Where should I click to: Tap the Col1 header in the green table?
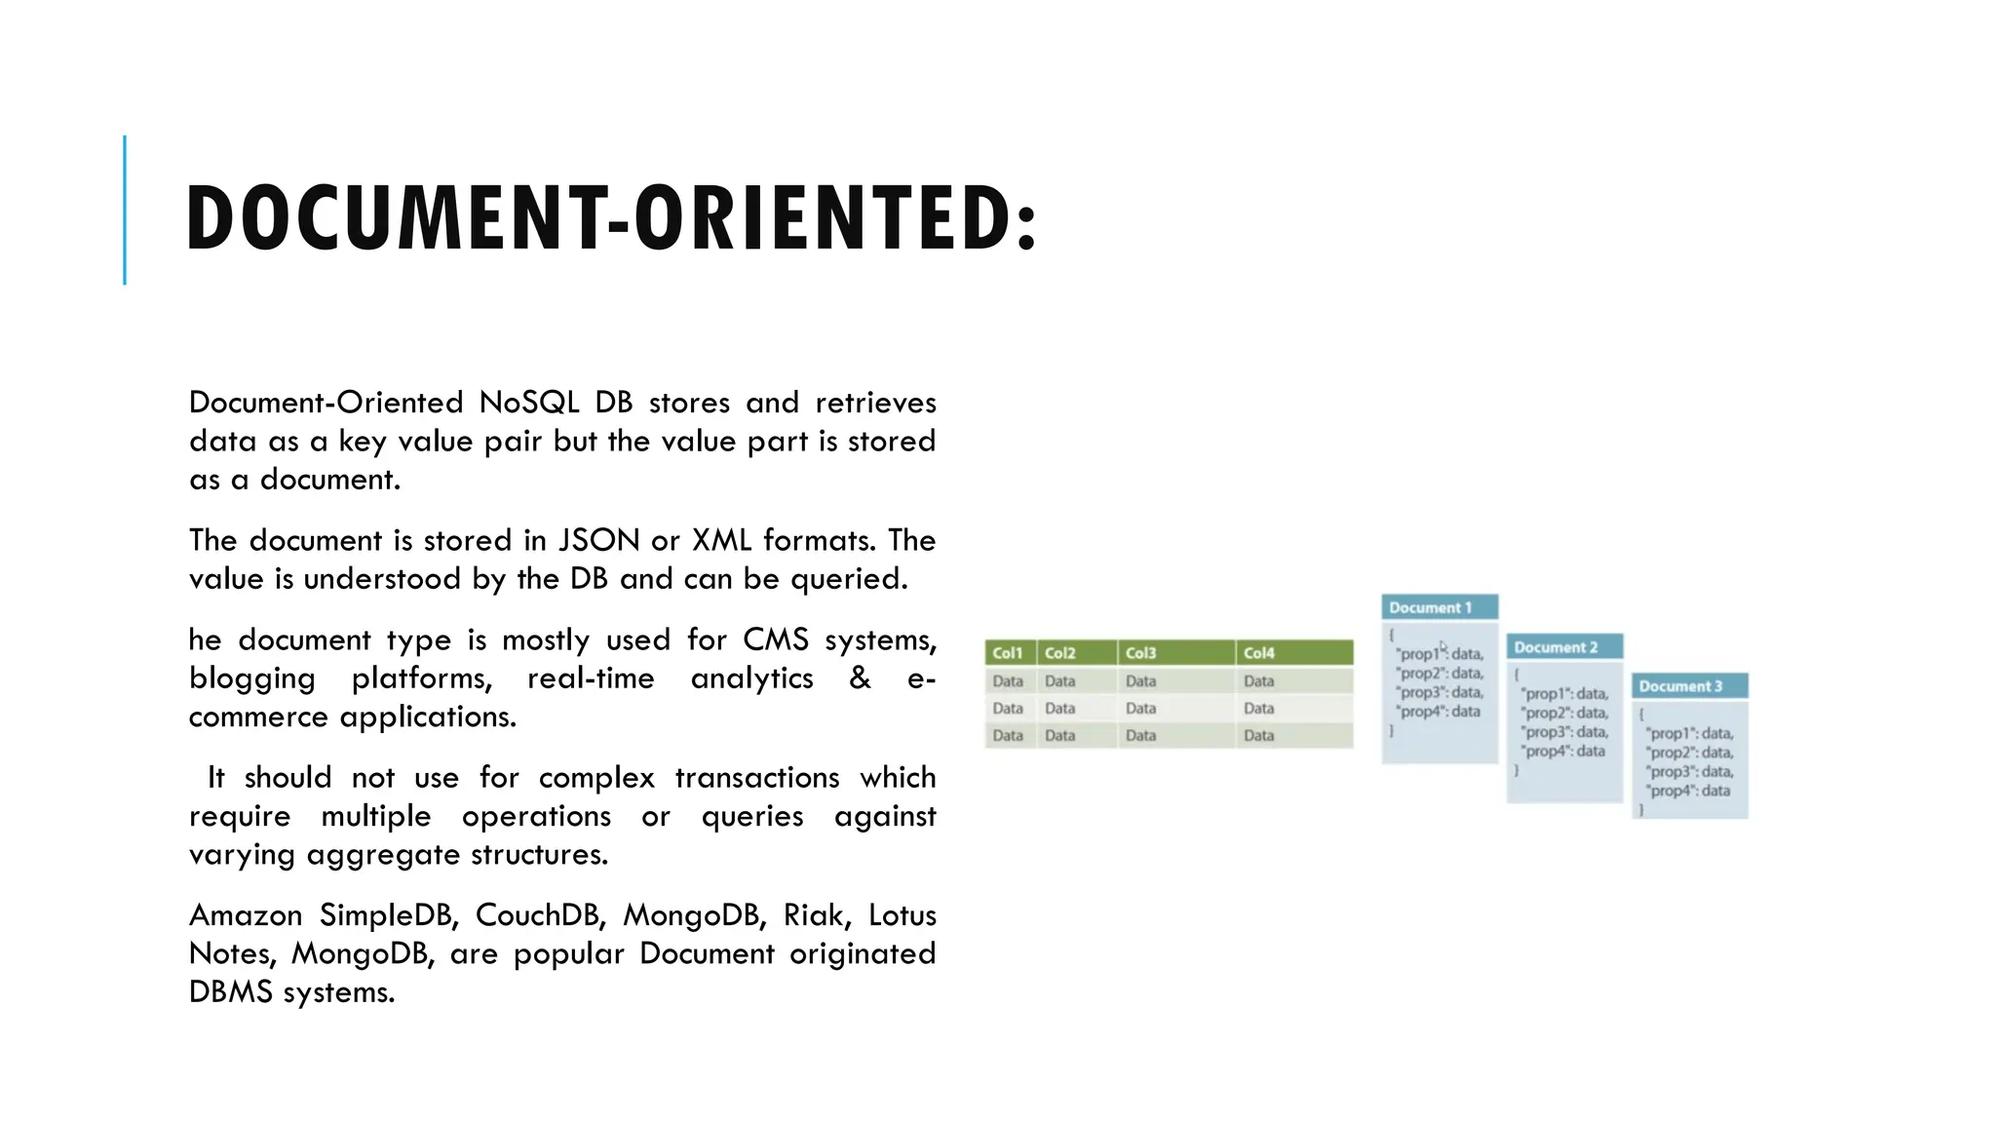tap(1008, 653)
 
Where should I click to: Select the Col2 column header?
tap(1060, 653)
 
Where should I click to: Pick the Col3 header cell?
tap(1141, 653)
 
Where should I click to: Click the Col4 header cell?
tap(1259, 653)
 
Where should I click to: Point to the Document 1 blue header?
tap(1431, 607)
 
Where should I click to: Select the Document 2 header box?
tap(1556, 647)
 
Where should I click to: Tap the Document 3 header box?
tap(1681, 686)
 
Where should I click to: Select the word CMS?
tap(776, 639)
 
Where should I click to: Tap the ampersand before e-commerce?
tap(860, 678)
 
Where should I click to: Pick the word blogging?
tap(252, 678)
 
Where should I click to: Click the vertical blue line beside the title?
tap(125, 210)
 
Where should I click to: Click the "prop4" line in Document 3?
tap(1690, 791)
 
